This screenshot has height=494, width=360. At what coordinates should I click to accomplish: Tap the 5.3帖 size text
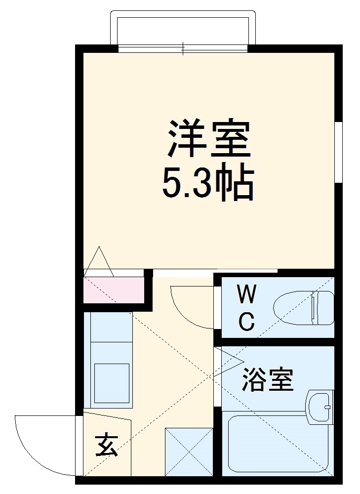(208, 182)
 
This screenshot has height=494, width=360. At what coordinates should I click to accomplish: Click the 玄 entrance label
(106, 445)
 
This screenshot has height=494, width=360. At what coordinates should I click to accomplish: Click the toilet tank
(323, 308)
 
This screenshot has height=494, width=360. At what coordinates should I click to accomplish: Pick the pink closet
(113, 290)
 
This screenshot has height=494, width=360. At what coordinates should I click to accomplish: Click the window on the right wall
(339, 152)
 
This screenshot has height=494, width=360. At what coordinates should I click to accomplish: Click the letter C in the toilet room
(247, 322)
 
